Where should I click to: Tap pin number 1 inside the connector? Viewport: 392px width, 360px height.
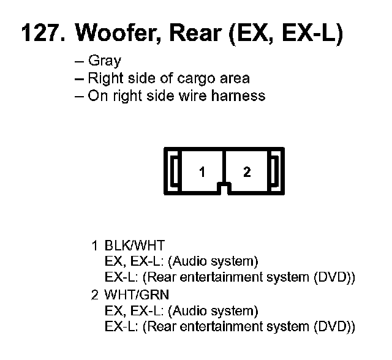tap(202, 172)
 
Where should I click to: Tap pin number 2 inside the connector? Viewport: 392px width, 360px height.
tap(247, 172)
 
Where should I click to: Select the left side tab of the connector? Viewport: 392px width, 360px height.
tap(174, 171)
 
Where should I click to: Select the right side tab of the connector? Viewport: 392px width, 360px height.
tap(275, 171)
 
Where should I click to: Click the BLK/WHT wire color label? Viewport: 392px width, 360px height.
tap(135, 246)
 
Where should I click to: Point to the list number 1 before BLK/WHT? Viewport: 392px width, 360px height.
tap(94, 246)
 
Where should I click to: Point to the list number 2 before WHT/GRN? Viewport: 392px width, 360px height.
tap(94, 294)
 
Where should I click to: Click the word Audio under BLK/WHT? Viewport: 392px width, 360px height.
tap(189, 261)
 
